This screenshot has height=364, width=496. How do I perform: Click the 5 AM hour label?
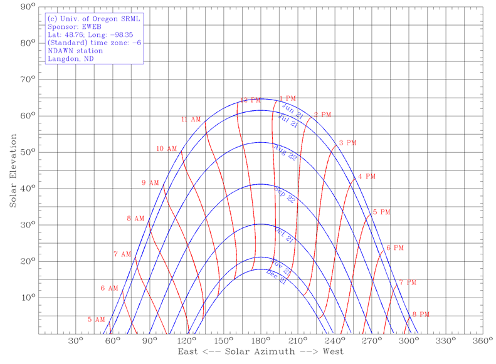pyautogui.click(x=96, y=320)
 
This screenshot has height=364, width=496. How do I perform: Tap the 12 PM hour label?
pyautogui.click(x=251, y=100)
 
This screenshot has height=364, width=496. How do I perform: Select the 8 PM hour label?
pyautogui.click(x=420, y=315)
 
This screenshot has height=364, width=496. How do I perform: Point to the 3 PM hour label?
pyautogui.click(x=347, y=143)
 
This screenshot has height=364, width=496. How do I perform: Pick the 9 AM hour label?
pyautogui.click(x=150, y=183)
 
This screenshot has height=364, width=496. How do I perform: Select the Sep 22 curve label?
pyautogui.click(x=285, y=194)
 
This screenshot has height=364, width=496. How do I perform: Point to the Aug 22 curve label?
pyautogui.click(x=285, y=153)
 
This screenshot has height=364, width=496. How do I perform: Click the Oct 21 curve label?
pyautogui.click(x=284, y=235)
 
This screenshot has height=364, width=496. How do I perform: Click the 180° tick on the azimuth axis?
pyautogui.click(x=260, y=341)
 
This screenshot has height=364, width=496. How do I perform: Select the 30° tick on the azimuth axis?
pyautogui.click(x=76, y=341)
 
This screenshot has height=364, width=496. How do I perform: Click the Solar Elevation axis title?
pyautogui.click(x=13, y=170)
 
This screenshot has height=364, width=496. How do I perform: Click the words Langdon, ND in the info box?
pyautogui.click(x=70, y=60)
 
